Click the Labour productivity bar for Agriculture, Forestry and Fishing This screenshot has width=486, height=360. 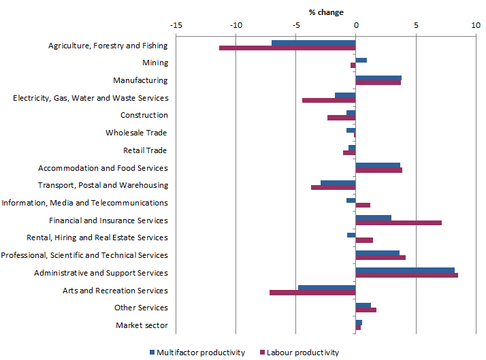pyautogui.click(x=287, y=48)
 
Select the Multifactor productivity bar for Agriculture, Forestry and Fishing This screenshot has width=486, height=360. pyautogui.click(x=313, y=43)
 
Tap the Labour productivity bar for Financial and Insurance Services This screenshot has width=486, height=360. pyautogui.click(x=398, y=223)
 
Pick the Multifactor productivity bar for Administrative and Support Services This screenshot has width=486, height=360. pyautogui.click(x=405, y=270)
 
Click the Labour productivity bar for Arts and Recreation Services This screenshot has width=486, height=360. pyautogui.click(x=312, y=293)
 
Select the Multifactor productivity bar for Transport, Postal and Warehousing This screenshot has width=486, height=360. pyautogui.click(x=338, y=182)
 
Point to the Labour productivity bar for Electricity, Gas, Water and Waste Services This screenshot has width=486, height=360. pyautogui.click(x=329, y=101)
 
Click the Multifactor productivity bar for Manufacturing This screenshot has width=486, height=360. pyautogui.click(x=378, y=78)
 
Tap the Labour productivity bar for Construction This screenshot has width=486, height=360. pyautogui.click(x=341, y=118)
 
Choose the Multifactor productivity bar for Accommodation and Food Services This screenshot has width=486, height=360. pyautogui.click(x=378, y=165)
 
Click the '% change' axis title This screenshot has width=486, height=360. pyautogui.click(x=326, y=12)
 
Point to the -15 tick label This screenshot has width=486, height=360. pyautogui.click(x=176, y=25)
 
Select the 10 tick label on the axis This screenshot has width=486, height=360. pyautogui.click(x=475, y=25)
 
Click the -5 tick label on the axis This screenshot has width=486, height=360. pyautogui.click(x=295, y=25)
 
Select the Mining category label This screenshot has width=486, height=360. pyautogui.click(x=155, y=63)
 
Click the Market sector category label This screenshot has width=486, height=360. pyautogui.click(x=142, y=325)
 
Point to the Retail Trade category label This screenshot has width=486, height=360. pyautogui.click(x=145, y=150)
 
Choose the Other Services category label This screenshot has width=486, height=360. pyautogui.click(x=141, y=308)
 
